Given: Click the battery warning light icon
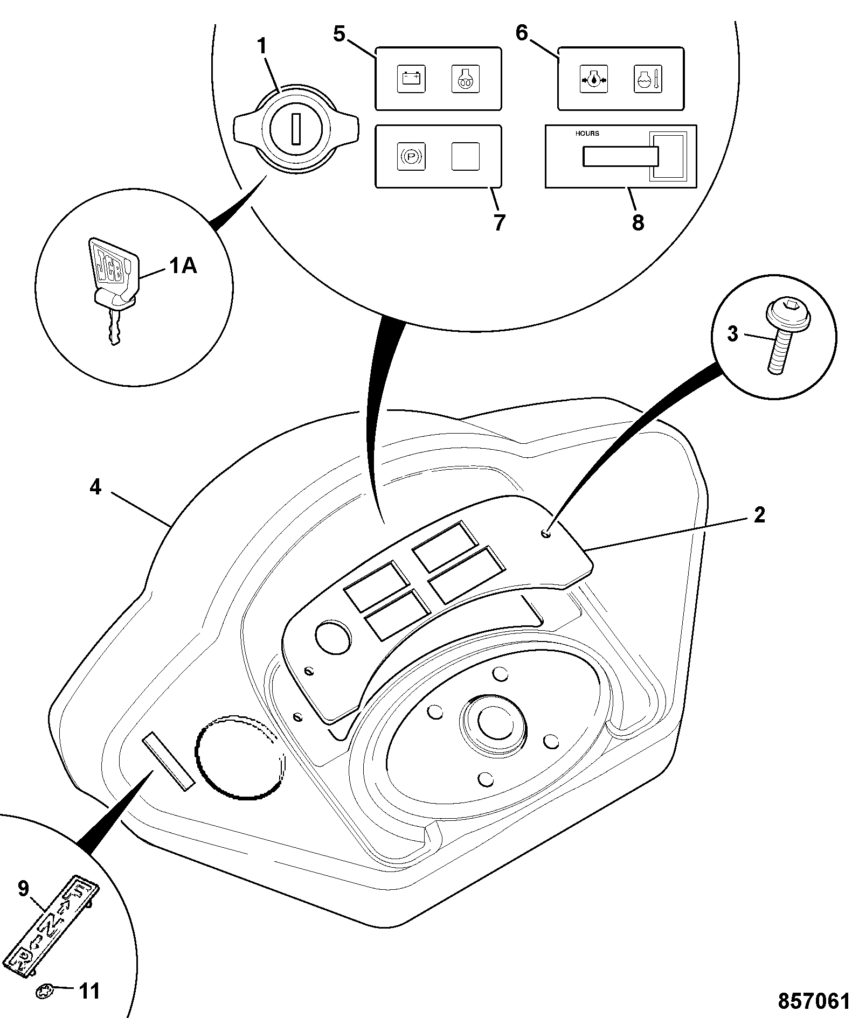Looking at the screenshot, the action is point(411,79).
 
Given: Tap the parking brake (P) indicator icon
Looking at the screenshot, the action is point(411,156).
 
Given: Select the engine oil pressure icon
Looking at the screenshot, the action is point(593,79).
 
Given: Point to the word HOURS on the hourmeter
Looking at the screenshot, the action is point(587,134).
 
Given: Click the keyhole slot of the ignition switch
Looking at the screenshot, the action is point(295,129).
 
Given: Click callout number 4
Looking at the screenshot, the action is point(95,487).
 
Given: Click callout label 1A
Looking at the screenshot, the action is point(184,266).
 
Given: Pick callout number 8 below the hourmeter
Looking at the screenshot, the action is point(638,222).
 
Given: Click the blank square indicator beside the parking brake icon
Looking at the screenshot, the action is point(465,156).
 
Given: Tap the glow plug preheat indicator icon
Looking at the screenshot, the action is point(465,79).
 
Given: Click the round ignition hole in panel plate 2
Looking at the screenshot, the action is point(333,636).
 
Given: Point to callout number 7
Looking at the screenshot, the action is point(499,222).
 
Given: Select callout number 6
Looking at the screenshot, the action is point(522,33).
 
